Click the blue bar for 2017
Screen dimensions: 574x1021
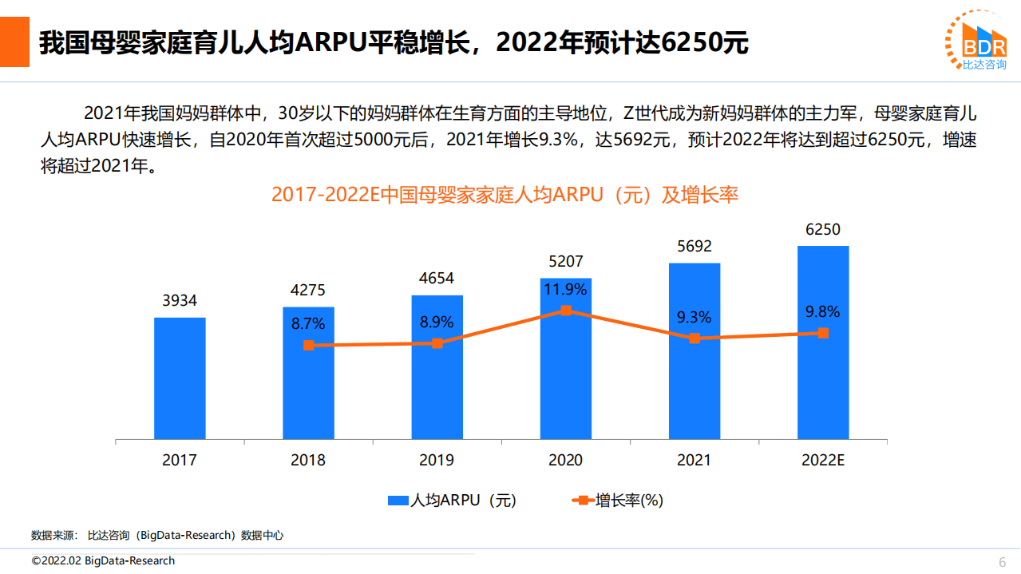pyautogui.click(x=180, y=378)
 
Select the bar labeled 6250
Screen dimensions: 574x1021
pyautogui.click(x=823, y=342)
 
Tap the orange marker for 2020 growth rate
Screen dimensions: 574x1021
pyautogui.click(x=565, y=311)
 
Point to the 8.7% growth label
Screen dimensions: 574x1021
pyautogui.click(x=308, y=323)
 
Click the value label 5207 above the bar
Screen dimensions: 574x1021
pyautogui.click(x=566, y=261)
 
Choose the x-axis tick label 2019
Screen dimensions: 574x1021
pyautogui.click(x=437, y=461)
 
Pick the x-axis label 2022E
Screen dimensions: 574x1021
pyautogui.click(x=823, y=461)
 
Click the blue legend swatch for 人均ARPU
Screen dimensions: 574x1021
pyautogui.click(x=398, y=501)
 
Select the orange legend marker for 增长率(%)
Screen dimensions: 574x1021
pyautogui.click(x=583, y=501)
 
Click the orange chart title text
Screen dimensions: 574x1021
pyautogui.click(x=505, y=194)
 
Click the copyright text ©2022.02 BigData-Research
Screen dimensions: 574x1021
pyautogui.click(x=103, y=560)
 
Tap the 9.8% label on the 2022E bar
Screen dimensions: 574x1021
pyautogui.click(x=823, y=311)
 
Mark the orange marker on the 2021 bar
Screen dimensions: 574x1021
pyautogui.click(x=695, y=338)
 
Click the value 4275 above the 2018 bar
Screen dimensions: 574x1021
pyautogui.click(x=308, y=290)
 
